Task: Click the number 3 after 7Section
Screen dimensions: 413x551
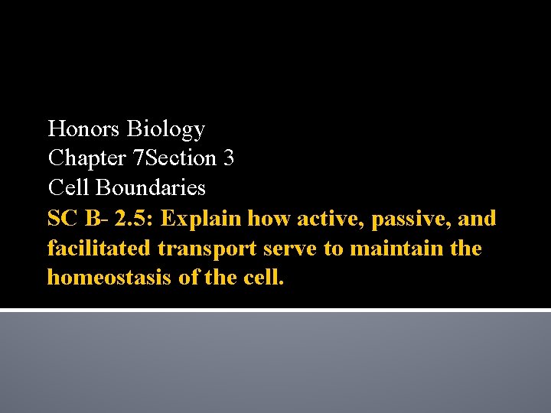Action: click(x=229, y=158)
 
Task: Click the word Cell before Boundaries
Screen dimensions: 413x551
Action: click(x=67, y=187)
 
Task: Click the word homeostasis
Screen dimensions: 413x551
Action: click(x=110, y=278)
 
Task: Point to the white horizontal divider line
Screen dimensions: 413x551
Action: click(x=275, y=310)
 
